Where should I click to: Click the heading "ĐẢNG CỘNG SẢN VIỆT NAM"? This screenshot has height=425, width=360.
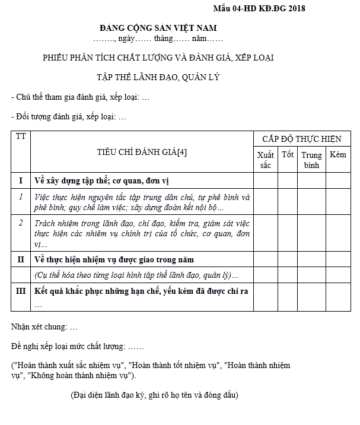pos(158,28)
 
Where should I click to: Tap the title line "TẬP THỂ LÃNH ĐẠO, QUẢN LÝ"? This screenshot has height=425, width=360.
pos(158,77)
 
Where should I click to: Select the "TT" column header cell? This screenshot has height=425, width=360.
pos(21,137)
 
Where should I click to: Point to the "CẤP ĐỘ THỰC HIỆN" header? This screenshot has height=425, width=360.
pos(302,139)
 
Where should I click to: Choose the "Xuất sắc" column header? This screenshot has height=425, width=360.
pos(266,160)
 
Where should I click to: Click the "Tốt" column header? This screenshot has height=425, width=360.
pos(288,155)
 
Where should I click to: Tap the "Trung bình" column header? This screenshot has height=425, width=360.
pos(311,160)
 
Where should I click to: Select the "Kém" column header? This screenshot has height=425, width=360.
pos(338,155)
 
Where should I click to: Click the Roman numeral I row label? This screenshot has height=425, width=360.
pos(21,180)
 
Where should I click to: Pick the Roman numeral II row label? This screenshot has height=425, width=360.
pos(21,259)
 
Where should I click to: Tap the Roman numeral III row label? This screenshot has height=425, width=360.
pos(21,291)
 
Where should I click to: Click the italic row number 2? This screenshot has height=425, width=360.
pos(21,223)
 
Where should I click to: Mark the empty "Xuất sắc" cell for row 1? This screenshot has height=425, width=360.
pos(266,202)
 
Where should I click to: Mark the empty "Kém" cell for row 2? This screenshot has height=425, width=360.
pos(338,233)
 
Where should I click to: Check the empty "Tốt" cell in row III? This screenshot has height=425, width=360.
pos(288,297)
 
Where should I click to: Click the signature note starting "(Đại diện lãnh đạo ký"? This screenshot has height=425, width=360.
pos(155,395)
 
